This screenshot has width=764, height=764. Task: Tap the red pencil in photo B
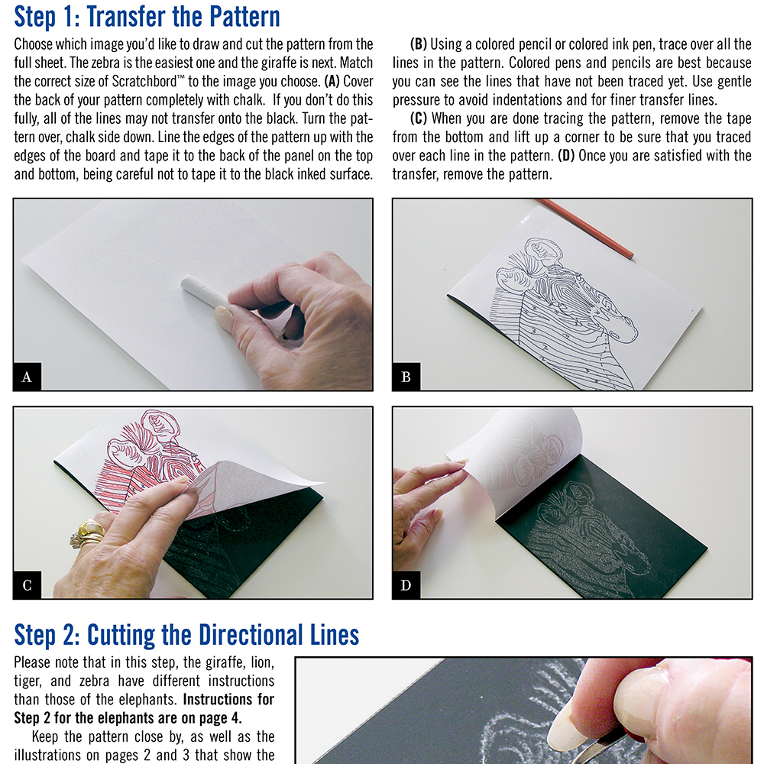[584, 228]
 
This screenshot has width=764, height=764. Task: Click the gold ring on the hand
[88, 533]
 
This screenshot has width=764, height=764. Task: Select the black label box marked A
[28, 377]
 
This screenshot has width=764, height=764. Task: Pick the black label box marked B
[406, 377]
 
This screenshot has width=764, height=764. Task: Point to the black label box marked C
[28, 584]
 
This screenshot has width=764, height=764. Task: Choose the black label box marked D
[406, 584]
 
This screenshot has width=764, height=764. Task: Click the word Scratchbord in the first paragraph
[144, 81]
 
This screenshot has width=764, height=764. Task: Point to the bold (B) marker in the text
[418, 44]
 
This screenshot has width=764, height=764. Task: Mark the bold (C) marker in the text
[418, 118]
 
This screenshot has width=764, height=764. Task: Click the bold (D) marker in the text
[566, 155]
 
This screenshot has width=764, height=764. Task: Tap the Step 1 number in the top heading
[70, 16]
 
